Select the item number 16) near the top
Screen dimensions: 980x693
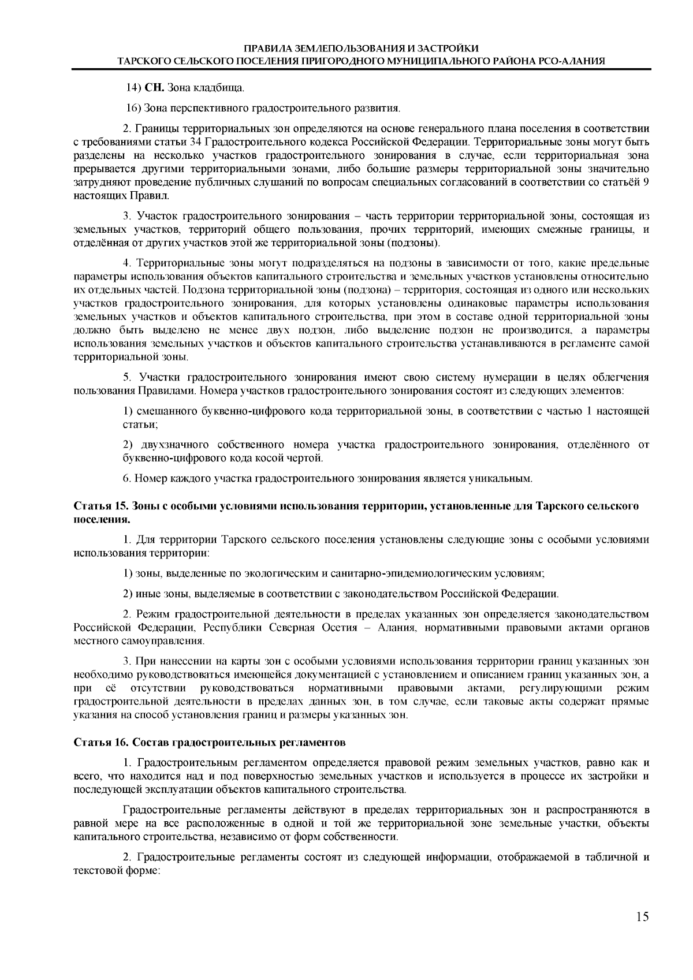[133, 108]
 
